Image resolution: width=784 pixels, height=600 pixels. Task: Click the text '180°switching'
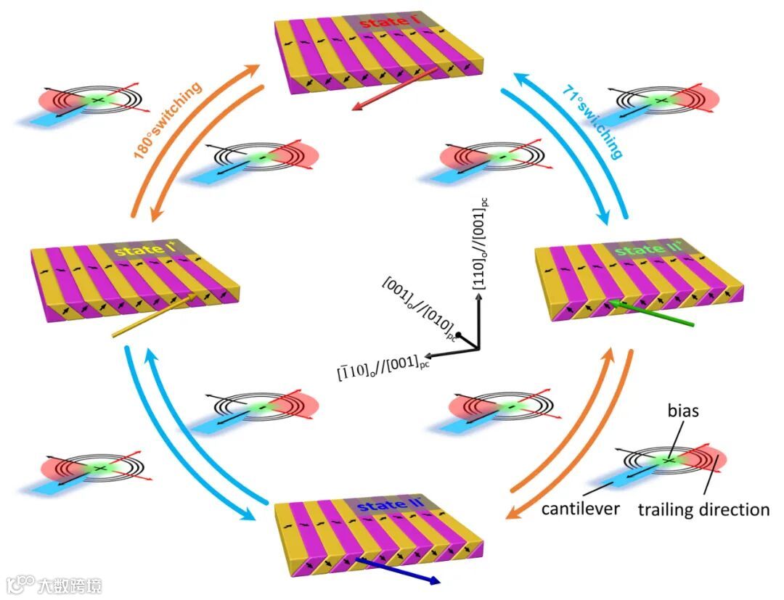tap(167, 120)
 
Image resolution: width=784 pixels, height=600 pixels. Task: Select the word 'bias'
tap(684, 411)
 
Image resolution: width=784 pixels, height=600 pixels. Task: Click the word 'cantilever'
tap(580, 509)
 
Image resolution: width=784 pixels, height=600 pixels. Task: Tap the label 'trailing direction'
tap(703, 509)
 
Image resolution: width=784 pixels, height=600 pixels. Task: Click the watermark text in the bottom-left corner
tap(54, 585)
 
